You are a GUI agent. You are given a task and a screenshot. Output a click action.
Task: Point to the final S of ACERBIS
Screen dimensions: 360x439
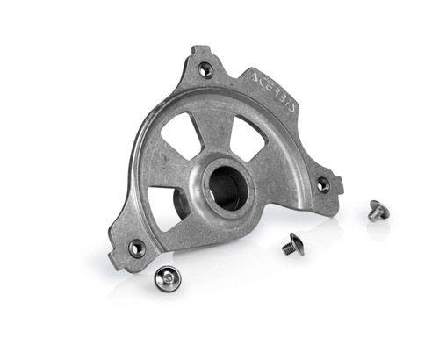coord(293,106)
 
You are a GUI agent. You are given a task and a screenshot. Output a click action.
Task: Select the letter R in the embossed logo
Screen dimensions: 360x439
coord(278,91)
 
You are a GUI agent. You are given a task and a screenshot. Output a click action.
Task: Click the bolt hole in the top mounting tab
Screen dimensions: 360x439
coord(205,69)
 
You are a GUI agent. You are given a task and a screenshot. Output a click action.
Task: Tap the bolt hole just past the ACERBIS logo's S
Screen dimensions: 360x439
coord(323,184)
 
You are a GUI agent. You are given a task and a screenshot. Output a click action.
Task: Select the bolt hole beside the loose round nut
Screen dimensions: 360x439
coord(137,248)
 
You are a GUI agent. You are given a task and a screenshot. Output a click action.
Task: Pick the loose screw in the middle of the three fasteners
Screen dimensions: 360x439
coord(293,245)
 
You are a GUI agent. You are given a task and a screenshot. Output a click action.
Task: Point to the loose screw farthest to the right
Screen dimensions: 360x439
coord(378,211)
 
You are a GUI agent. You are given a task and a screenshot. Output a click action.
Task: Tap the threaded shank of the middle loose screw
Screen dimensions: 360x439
coord(287,248)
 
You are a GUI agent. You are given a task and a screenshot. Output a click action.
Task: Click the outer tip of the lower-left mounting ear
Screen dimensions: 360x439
coord(113,261)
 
